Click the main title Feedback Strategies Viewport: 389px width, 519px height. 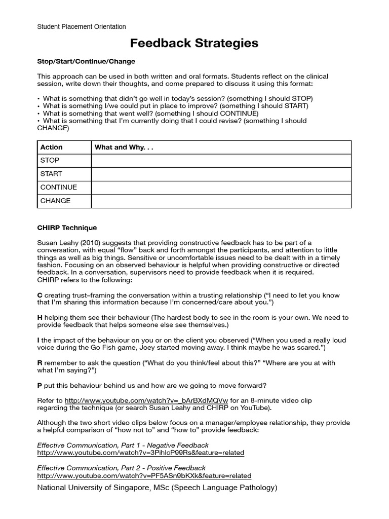coord(194,44)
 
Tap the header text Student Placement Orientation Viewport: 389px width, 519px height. coord(82,27)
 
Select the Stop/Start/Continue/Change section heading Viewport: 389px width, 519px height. coord(86,61)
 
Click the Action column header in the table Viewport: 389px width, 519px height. coord(52,147)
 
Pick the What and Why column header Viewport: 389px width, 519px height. coord(124,147)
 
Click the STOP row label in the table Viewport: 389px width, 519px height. coord(50,160)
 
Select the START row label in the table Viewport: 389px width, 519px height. coord(51,174)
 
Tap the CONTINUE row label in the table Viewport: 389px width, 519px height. coord(59,187)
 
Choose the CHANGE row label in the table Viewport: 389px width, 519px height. coord(55,201)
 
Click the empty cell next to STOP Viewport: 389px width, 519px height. coord(221,161)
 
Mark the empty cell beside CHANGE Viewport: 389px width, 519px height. coord(221,201)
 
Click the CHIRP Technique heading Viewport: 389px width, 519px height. coord(67,228)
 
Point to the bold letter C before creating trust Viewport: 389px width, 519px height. coord(40,295)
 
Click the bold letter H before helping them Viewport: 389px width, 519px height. coord(40,317)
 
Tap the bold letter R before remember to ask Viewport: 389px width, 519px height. coord(40,363)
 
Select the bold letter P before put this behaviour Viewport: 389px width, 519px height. coord(40,386)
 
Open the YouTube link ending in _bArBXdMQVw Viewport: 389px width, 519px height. coord(146,400)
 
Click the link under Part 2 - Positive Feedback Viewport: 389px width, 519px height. coord(144,476)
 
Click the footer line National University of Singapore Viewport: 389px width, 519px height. coord(157,488)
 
